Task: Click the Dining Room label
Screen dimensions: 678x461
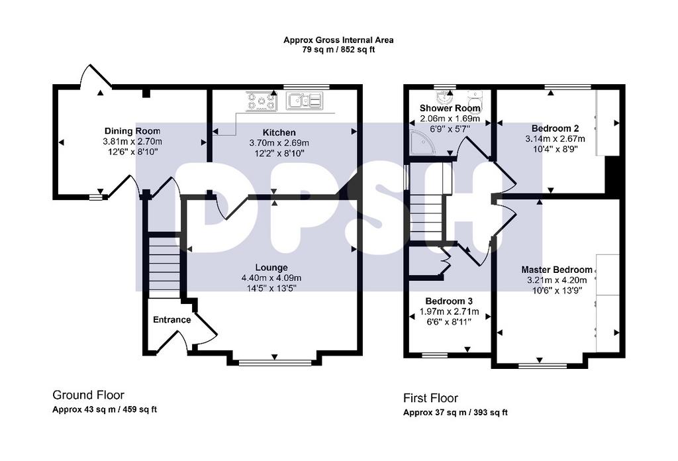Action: click(132, 131)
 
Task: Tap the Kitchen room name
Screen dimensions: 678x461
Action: click(279, 132)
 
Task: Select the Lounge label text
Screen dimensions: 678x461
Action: click(271, 268)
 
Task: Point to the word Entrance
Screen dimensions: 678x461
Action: click(171, 319)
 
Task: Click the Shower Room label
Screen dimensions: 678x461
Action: click(450, 108)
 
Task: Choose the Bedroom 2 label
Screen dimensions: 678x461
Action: click(556, 128)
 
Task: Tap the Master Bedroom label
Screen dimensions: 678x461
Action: click(557, 270)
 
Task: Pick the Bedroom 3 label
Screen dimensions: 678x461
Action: click(449, 301)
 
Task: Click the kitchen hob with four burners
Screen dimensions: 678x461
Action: click(262, 101)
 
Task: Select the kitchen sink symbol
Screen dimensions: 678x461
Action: click(305, 101)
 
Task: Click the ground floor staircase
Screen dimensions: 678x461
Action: click(164, 266)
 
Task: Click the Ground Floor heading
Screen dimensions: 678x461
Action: click(88, 395)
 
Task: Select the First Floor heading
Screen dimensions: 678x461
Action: click(430, 398)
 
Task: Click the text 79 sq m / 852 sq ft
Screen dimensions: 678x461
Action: click(338, 49)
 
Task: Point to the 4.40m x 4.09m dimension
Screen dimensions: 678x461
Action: click(271, 278)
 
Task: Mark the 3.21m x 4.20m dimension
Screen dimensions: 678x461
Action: click(557, 280)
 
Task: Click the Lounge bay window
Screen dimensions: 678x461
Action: click(275, 363)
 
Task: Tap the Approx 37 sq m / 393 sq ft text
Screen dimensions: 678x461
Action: click(456, 413)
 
